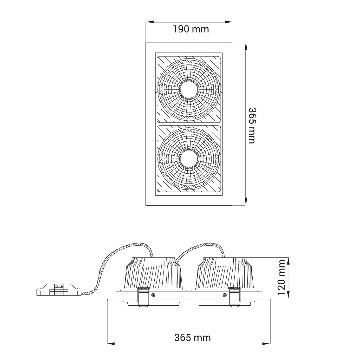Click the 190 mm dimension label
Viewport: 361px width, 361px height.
click(191, 29)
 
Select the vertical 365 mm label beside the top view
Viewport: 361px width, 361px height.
click(252, 126)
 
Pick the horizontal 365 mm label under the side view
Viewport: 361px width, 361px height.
click(193, 338)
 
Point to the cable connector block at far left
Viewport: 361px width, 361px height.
click(59, 291)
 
